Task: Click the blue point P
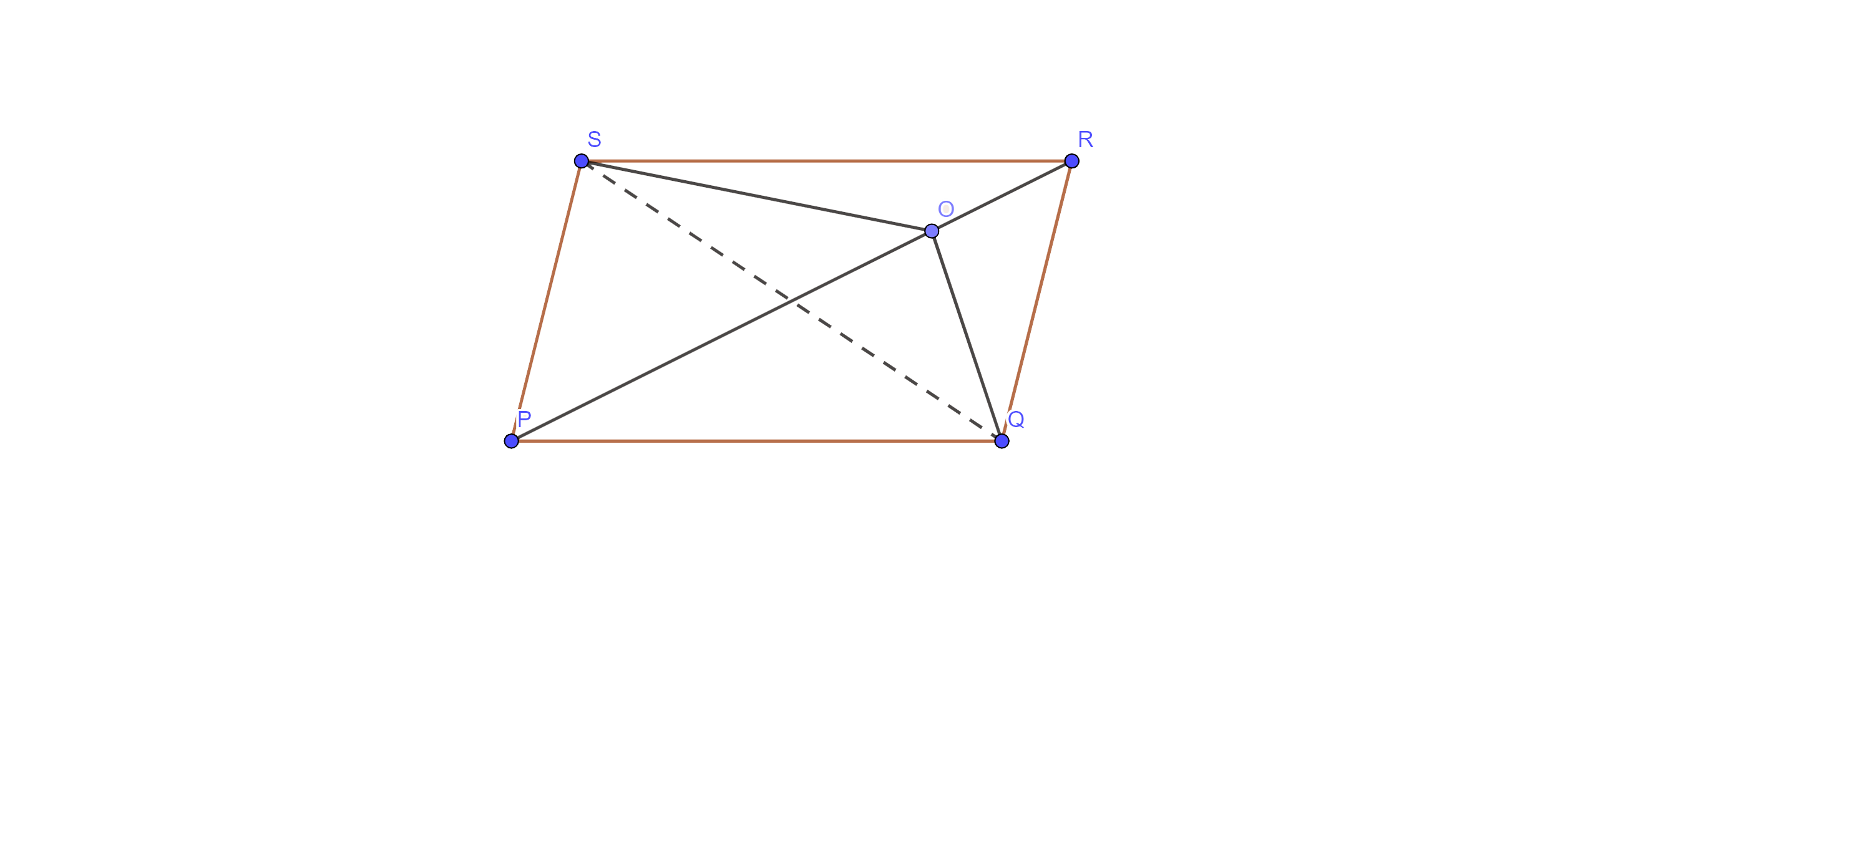(512, 441)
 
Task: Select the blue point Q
(1002, 441)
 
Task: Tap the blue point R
(1071, 160)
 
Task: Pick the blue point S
(582, 160)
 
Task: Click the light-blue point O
(932, 231)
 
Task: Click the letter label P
(524, 419)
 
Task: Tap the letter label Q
(1016, 419)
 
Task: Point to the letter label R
(1086, 140)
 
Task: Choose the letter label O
(945, 209)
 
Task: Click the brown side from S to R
(826, 160)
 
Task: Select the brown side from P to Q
(756, 441)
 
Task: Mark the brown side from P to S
(547, 301)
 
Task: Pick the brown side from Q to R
(1036, 301)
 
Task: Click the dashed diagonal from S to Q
(791, 301)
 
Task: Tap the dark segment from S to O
(756, 196)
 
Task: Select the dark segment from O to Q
(967, 335)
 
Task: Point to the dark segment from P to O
(721, 335)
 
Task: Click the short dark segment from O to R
(1002, 196)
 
